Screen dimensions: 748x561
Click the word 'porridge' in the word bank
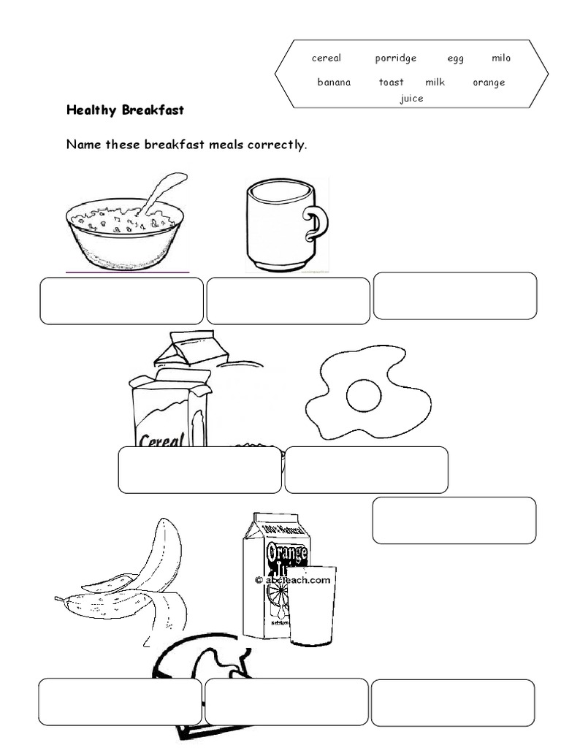[x=396, y=59]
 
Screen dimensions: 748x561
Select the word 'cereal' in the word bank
[x=327, y=59]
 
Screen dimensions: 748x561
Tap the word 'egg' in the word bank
[x=456, y=59]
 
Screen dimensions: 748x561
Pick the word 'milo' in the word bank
[x=501, y=58]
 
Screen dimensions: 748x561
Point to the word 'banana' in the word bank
[x=334, y=83]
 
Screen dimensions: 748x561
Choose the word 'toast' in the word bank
[x=391, y=83]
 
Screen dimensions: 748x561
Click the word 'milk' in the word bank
[x=435, y=83]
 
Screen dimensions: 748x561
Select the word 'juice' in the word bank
[x=411, y=99]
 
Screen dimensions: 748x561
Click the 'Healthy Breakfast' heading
[x=125, y=110]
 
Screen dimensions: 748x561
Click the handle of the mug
[x=316, y=224]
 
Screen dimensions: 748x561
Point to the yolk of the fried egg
[x=362, y=397]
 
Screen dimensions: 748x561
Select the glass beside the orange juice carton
[x=312, y=606]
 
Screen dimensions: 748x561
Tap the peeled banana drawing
[x=139, y=577]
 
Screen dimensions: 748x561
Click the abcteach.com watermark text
[x=292, y=580]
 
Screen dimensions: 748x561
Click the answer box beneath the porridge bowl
[x=121, y=301]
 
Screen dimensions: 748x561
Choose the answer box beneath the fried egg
[x=366, y=470]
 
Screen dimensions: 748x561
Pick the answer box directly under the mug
[x=288, y=301]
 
